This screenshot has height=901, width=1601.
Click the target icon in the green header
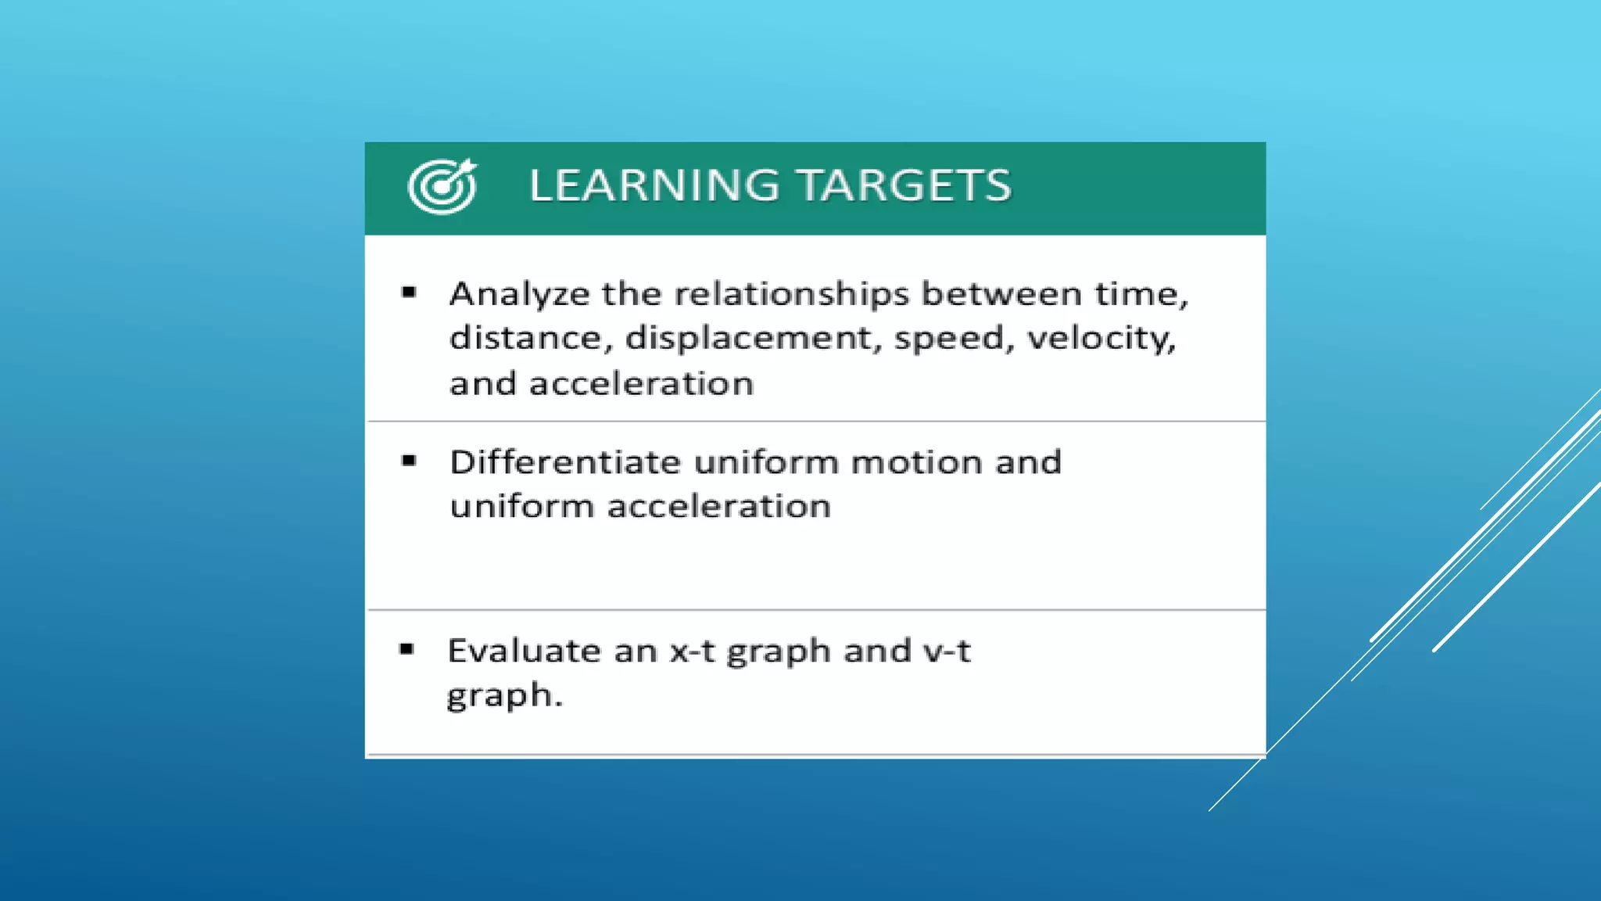442,186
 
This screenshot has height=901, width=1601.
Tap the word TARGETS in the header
904,186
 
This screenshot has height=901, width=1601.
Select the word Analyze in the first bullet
519,295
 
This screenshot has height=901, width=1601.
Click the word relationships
791,295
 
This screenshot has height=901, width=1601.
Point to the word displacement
747,339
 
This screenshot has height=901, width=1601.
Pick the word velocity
1101,339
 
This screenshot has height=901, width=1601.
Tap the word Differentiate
565,462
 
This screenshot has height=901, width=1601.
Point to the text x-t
692,651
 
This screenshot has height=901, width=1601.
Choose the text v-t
947,651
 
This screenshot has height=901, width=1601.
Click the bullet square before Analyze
409,293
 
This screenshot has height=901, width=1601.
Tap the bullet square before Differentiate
409,461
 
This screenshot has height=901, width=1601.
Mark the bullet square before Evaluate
407,649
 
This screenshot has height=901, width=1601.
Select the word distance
525,339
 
